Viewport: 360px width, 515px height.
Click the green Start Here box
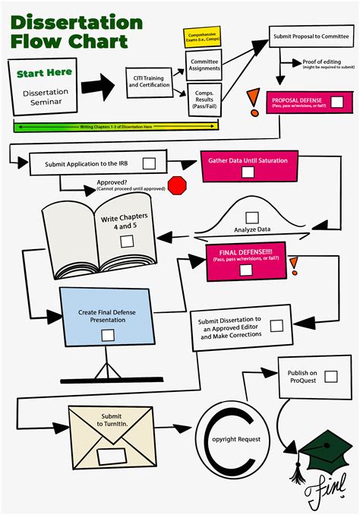[43, 74]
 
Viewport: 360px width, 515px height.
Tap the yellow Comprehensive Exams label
[202, 37]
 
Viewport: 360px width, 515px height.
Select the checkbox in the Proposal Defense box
[337, 102]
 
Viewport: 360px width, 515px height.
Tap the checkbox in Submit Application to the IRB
[149, 163]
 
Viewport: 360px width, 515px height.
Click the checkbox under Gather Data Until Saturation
[248, 172]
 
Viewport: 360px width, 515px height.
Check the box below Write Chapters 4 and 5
[127, 241]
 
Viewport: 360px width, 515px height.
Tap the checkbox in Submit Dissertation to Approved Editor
[276, 326]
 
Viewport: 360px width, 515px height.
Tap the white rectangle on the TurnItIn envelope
[112, 457]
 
